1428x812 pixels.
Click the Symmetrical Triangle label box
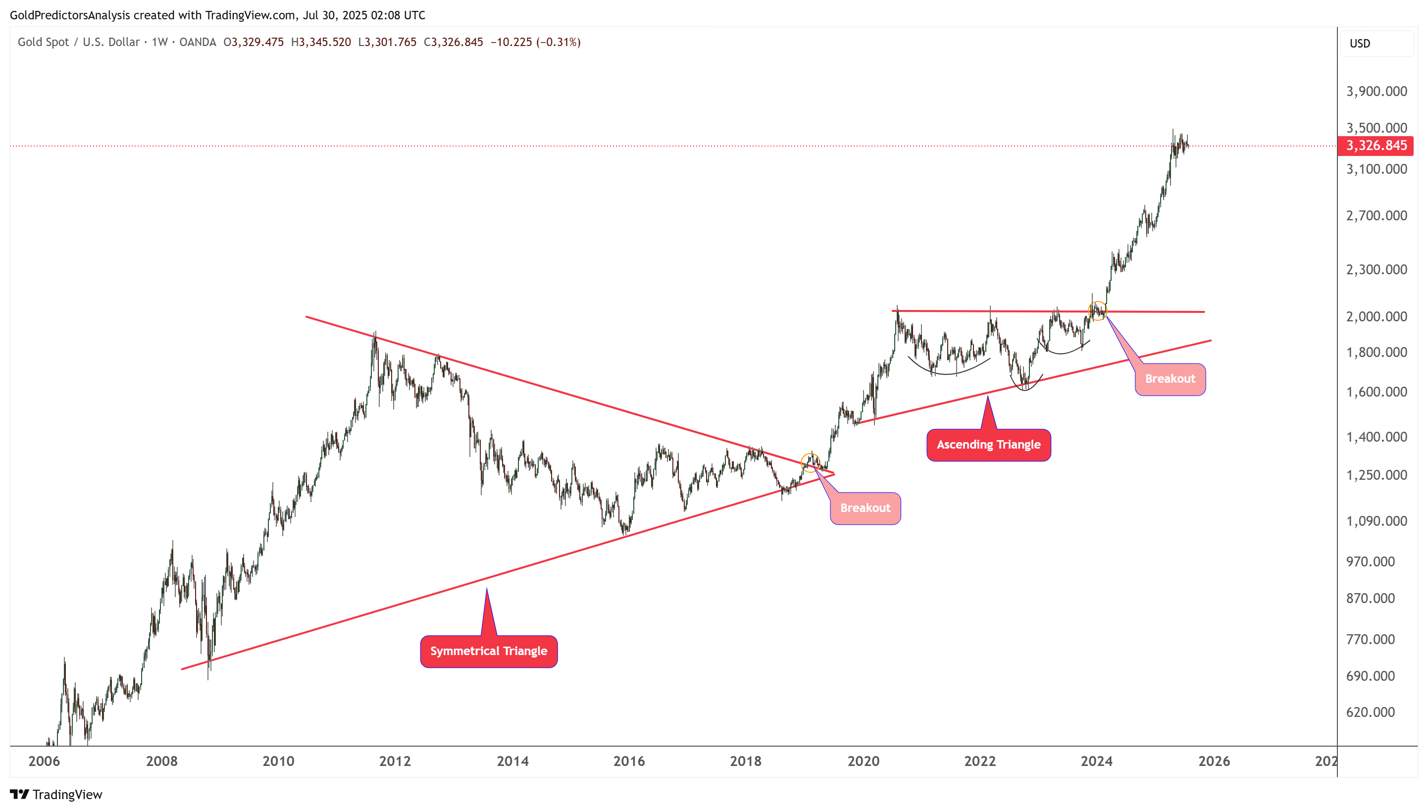pyautogui.click(x=488, y=651)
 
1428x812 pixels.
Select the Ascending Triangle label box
pyautogui.click(x=988, y=445)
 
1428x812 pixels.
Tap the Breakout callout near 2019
pyautogui.click(x=865, y=508)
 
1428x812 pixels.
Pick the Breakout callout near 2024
pyautogui.click(x=1170, y=379)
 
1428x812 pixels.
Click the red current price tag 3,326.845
pyautogui.click(x=1376, y=146)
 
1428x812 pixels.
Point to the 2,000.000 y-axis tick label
pyautogui.click(x=1376, y=316)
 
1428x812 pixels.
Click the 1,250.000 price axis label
pyautogui.click(x=1376, y=475)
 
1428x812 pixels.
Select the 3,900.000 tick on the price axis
pyautogui.click(x=1376, y=92)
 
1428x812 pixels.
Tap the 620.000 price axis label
pyautogui.click(x=1370, y=712)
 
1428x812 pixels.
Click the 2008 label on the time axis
pyautogui.click(x=162, y=761)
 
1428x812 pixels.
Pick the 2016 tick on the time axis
pyautogui.click(x=629, y=761)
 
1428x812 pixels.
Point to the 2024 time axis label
pyautogui.click(x=1096, y=761)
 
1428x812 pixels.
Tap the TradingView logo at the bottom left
pyautogui.click(x=56, y=794)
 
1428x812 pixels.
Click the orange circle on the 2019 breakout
pyautogui.click(x=810, y=462)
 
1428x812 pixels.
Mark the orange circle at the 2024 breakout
pyautogui.click(x=1097, y=310)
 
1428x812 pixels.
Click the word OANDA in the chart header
pyautogui.click(x=198, y=43)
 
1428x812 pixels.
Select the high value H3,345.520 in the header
pyautogui.click(x=321, y=43)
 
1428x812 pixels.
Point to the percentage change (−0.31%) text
pyautogui.click(x=558, y=43)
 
